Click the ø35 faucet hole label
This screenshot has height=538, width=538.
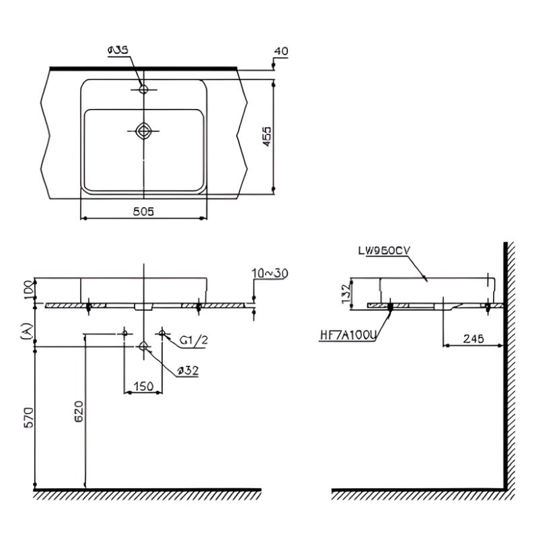click(x=118, y=50)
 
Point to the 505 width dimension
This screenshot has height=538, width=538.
click(x=143, y=211)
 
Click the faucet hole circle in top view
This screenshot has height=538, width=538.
click(x=144, y=89)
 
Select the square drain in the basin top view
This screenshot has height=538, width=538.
click(x=144, y=130)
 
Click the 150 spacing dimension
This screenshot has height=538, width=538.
click(x=143, y=386)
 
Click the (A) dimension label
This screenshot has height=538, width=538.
click(x=26, y=332)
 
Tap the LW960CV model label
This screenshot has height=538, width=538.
click(x=384, y=250)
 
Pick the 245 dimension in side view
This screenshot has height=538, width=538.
click(x=474, y=339)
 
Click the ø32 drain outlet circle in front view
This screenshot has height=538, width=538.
click(x=144, y=346)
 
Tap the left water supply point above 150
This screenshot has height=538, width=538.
click(x=126, y=333)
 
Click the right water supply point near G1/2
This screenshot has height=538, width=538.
click(x=162, y=333)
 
